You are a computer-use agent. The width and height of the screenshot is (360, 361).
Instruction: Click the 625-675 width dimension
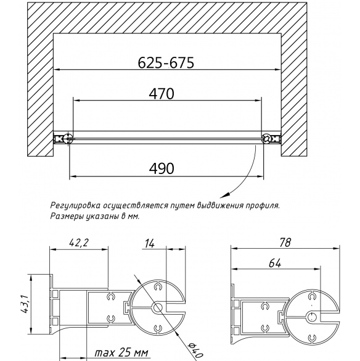[x=166, y=62]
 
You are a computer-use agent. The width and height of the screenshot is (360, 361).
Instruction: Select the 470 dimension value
[x=162, y=94]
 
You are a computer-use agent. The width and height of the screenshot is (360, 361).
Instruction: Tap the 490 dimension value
[x=162, y=168]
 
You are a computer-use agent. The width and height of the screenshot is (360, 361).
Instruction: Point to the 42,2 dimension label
[x=79, y=243]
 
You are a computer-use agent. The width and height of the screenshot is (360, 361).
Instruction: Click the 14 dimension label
[x=150, y=244]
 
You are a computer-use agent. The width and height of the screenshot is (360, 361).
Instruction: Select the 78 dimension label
[x=285, y=243]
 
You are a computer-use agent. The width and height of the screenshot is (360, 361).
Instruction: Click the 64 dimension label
[x=275, y=263]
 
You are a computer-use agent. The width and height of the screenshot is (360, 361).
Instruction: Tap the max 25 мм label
[x=121, y=352]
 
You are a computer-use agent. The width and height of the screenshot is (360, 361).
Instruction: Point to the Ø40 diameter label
[x=195, y=349]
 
